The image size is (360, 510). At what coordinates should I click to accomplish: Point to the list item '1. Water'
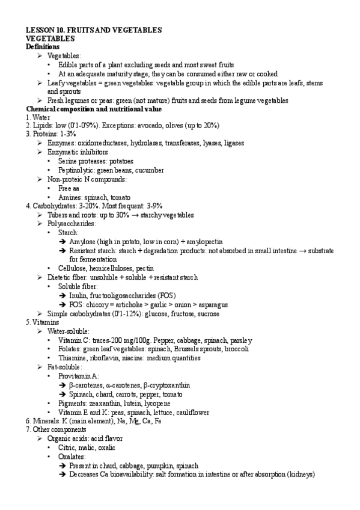click(x=38, y=117)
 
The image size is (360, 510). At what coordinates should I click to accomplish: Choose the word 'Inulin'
click(x=79, y=295)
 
